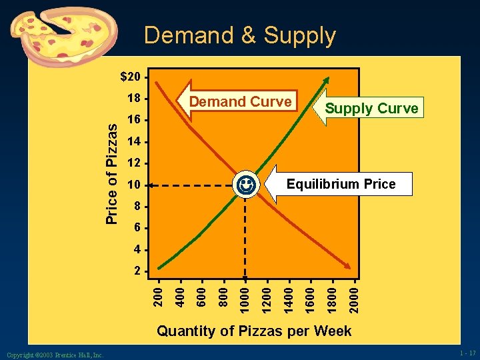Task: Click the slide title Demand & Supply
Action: pyautogui.click(x=239, y=35)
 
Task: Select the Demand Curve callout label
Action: pyautogui.click(x=241, y=102)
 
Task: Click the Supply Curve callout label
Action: pyautogui.click(x=371, y=109)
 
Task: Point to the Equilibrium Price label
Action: pyautogui.click(x=341, y=184)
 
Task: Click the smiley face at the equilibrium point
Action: pyautogui.click(x=245, y=183)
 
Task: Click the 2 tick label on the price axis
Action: pyautogui.click(x=137, y=271)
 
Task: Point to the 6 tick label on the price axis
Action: pyautogui.click(x=137, y=228)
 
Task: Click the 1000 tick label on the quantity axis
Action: pyautogui.click(x=245, y=297)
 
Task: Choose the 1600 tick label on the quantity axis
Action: pyautogui.click(x=311, y=297)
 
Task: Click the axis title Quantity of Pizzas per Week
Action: pyautogui.click(x=254, y=331)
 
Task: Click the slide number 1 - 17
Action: pyautogui.click(x=467, y=353)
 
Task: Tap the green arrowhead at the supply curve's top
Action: pyautogui.click(x=326, y=79)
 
